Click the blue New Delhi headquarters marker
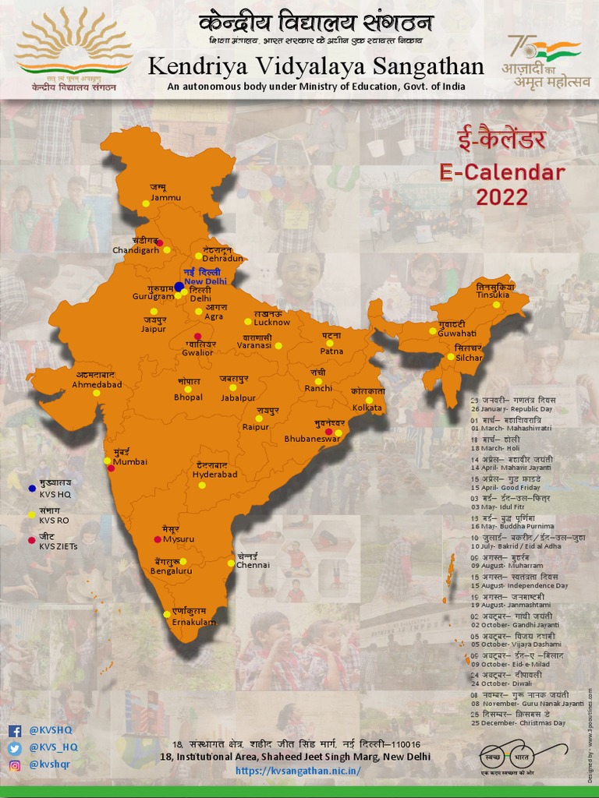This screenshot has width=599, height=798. point(179,287)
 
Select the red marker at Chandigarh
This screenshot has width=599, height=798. point(160,243)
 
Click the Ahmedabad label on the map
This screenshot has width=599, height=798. point(97,384)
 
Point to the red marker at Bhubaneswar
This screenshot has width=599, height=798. point(328,431)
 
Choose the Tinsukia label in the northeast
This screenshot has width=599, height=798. point(493,295)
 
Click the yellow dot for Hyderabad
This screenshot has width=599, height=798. point(201,485)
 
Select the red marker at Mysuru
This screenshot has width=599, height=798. point(158,539)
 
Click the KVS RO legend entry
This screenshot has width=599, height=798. point(55,519)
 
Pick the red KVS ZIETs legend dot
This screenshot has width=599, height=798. point(31,540)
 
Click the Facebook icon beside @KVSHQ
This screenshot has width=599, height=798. point(14,731)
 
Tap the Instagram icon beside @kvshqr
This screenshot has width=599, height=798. point(14,765)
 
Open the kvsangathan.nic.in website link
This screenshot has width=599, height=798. point(298,771)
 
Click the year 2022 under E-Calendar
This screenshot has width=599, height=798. point(502,196)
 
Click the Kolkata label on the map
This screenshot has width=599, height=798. point(367,408)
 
